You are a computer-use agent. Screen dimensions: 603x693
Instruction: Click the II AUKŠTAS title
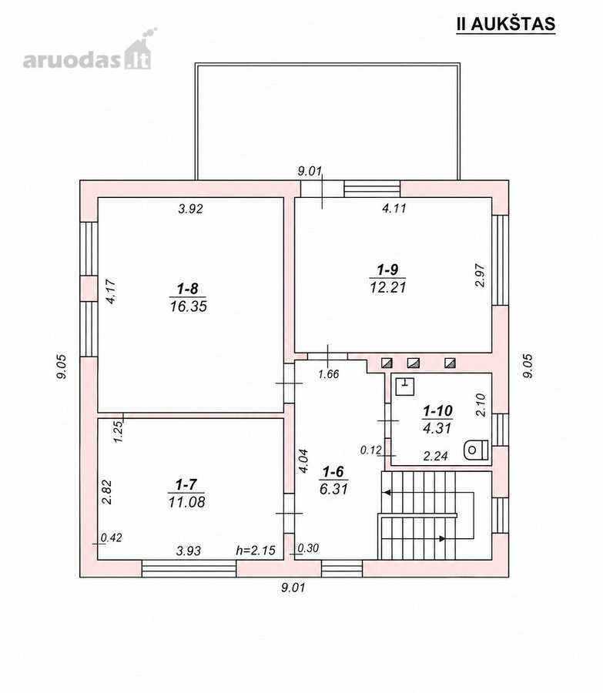pyautogui.click(x=506, y=24)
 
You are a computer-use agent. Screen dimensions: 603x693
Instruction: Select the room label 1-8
pyautogui.click(x=187, y=289)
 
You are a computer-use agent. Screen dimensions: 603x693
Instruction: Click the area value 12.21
pyautogui.click(x=387, y=287)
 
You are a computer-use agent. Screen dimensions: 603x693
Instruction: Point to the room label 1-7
pyautogui.click(x=186, y=485)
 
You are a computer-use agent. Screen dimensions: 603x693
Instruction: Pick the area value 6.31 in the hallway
pyautogui.click(x=333, y=489)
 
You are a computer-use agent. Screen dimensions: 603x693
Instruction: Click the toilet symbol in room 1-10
pyautogui.click(x=476, y=450)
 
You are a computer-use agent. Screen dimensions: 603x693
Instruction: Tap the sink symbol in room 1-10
pyautogui.click(x=404, y=387)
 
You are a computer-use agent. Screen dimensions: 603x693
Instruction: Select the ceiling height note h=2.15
pyautogui.click(x=256, y=551)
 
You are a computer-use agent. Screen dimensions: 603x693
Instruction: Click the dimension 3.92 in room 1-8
pyautogui.click(x=190, y=209)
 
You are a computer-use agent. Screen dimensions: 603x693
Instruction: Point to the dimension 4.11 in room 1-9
pyautogui.click(x=394, y=208)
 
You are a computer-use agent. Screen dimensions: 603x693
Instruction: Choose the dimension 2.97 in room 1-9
pyautogui.click(x=481, y=276)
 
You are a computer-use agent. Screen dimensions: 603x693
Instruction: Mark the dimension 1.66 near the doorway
pyautogui.click(x=329, y=374)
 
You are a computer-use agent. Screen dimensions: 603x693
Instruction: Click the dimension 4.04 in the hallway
pyautogui.click(x=303, y=461)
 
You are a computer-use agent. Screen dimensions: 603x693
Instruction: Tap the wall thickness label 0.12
pyautogui.click(x=370, y=450)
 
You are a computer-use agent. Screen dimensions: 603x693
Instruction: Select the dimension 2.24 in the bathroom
pyautogui.click(x=435, y=456)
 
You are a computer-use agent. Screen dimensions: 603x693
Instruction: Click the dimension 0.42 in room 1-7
pyautogui.click(x=112, y=537)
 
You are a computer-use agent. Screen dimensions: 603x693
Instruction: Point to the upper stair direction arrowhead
pyautogui.click(x=387, y=492)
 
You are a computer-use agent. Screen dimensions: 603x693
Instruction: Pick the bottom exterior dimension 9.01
pyautogui.click(x=293, y=588)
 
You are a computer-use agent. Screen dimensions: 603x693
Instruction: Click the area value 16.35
pyautogui.click(x=189, y=306)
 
